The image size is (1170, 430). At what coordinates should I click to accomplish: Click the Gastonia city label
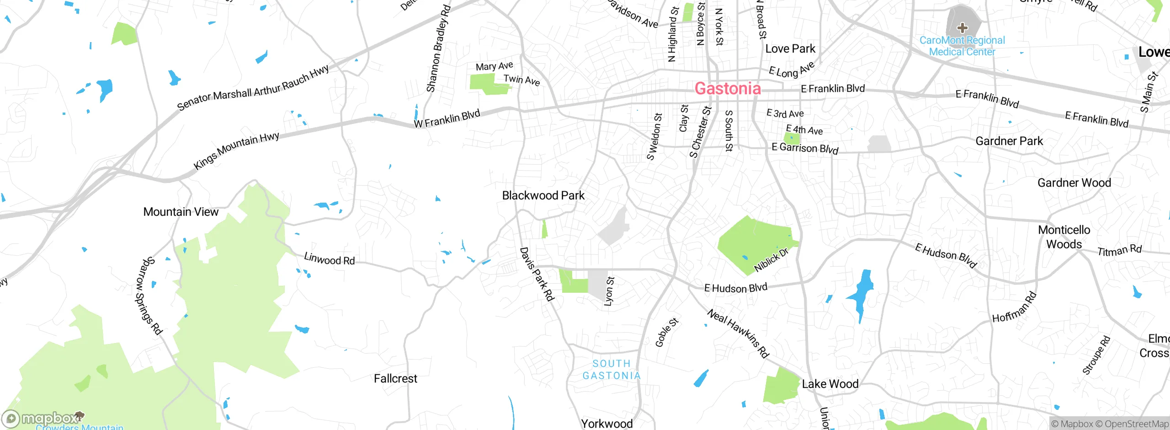pos(728,88)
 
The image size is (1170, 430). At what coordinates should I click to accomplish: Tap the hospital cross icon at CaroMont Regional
pos(962,28)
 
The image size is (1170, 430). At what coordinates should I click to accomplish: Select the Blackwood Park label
pos(543,196)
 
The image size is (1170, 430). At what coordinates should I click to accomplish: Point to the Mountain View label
pos(181,212)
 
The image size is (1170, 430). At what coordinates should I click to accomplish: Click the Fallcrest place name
pos(395,379)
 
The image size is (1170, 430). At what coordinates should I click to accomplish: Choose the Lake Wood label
pos(830,384)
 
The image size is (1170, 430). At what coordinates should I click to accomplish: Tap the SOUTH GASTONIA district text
pos(612,370)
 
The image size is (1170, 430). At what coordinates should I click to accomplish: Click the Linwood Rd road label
pos(329,259)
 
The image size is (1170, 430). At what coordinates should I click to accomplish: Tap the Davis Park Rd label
pos(537,274)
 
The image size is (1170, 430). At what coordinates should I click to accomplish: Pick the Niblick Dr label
pos(771,260)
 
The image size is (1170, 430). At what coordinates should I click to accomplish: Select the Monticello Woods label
pos(1064,237)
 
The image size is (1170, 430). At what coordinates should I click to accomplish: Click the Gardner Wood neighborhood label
pos(1074,183)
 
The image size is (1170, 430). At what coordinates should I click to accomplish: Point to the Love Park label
pos(790,49)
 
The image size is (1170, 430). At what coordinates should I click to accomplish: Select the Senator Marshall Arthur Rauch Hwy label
pos(253,88)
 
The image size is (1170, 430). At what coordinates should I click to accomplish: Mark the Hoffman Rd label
pos(1014,307)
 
